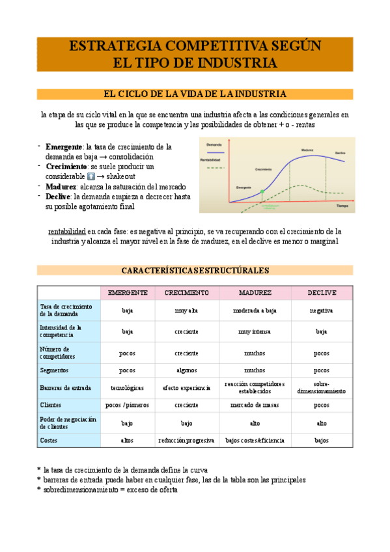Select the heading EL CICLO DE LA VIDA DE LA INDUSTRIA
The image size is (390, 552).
pos(195,94)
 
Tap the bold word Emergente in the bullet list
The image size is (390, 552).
pos(64,146)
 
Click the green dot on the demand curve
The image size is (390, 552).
pos(262,192)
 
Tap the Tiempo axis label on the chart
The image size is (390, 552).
pos(342,205)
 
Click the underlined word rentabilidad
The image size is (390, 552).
pos(68,231)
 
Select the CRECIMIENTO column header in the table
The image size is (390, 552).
pos(186,293)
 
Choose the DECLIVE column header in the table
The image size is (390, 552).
pos(322,293)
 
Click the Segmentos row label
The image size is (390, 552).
pos(55,370)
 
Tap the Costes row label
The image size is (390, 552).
pos(49,441)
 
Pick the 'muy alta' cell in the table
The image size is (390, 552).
pos(186,310)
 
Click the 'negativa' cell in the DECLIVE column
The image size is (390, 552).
pos(322,310)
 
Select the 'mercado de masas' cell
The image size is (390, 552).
pos(255,405)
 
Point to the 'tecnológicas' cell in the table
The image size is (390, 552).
pos(128,388)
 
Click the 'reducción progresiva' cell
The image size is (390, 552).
pos(186,441)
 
